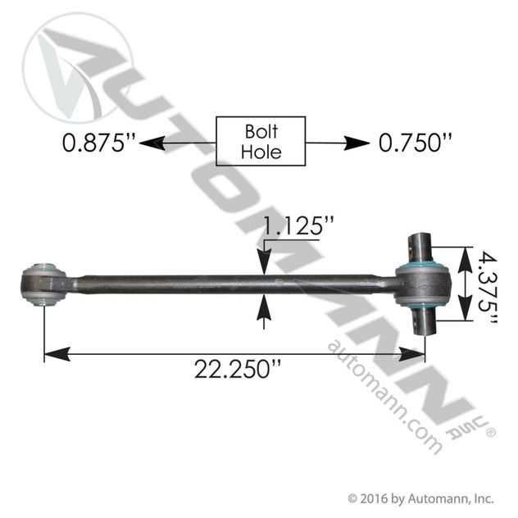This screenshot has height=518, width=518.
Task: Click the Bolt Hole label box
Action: [260, 141]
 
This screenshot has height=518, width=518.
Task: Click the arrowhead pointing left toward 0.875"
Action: [148, 143]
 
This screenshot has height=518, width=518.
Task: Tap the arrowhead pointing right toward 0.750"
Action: [358, 143]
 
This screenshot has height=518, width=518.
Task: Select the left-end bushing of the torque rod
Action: [43, 284]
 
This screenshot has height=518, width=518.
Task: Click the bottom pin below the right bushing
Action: [423, 322]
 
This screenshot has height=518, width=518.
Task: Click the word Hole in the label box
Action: [260, 152]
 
